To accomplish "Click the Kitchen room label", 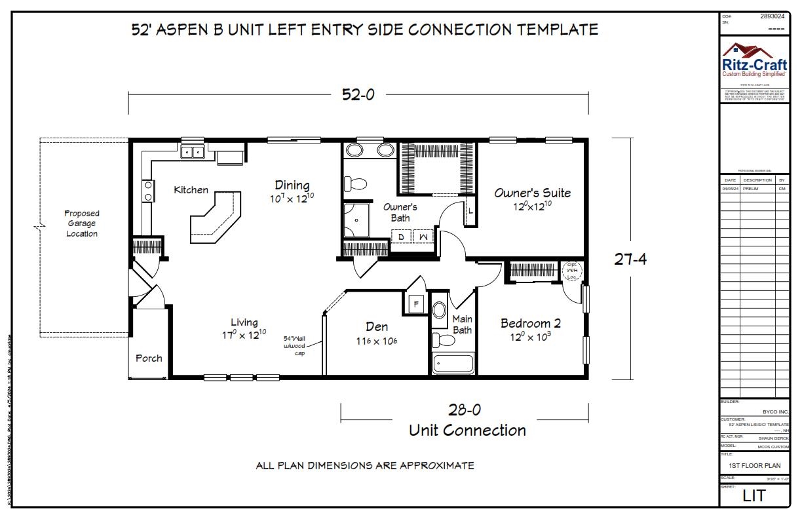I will tap(191, 190).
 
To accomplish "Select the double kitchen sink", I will tap(193, 153).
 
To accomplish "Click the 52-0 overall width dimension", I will tap(358, 94).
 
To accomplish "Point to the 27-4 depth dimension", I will tap(630, 259).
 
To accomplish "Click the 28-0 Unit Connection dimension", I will tap(465, 410).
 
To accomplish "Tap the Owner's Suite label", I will tap(532, 193).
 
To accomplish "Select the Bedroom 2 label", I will tap(530, 323).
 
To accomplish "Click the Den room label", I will tap(377, 327).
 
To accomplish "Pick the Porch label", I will tap(149, 358).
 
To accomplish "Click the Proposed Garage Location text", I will tap(82, 223).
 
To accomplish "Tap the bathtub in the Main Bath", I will tap(453, 363).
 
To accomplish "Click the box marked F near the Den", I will tap(415, 304).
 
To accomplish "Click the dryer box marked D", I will tap(401, 235).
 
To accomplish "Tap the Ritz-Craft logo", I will tap(754, 62).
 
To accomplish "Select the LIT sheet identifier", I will tap(754, 496).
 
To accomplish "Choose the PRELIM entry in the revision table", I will tap(751, 188).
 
